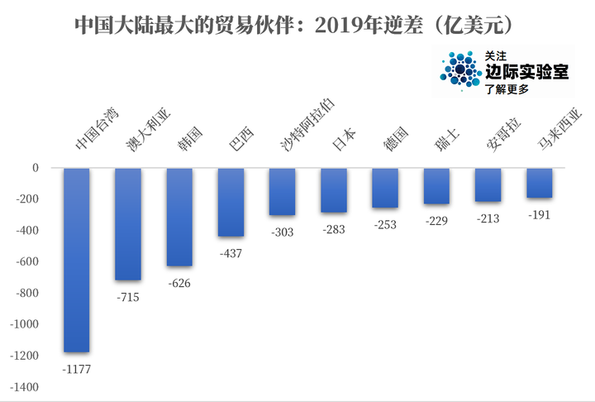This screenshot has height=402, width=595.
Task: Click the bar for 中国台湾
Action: coord(77,260)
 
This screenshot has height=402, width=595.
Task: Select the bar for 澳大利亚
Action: coord(128,224)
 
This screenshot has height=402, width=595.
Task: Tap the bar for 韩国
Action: coord(179,217)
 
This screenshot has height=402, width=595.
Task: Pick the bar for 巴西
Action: coord(231,202)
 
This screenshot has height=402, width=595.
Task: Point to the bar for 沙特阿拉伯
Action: coord(283,192)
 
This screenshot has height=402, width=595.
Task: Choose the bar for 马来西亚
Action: coord(539,183)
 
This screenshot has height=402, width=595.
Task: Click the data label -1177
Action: coord(77,369)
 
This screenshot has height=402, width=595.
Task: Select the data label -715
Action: coord(128,297)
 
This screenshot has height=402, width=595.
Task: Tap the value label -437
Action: coord(231,253)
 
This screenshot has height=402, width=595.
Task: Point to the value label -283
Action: coord(334,229)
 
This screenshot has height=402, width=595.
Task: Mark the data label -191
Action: coord(539,215)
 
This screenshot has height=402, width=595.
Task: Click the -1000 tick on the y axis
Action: coord(24,324)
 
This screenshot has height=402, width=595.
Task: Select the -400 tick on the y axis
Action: coord(27,230)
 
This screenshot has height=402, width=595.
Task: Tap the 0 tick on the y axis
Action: coord(36,168)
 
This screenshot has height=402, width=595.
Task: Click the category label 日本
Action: coord(344,140)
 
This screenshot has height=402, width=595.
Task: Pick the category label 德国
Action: coord(395,139)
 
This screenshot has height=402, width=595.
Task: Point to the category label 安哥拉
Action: coord(504,136)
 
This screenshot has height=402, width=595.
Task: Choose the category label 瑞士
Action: coord(447,140)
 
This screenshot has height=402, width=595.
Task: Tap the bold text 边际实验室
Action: coord(527,71)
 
